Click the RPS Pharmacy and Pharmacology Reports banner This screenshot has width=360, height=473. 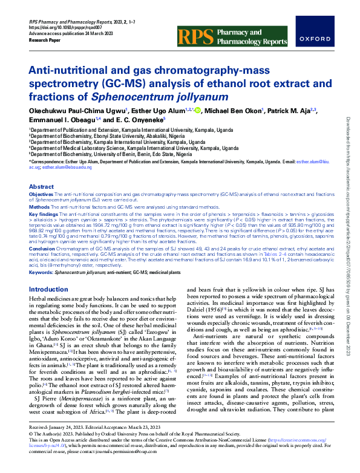[x=232, y=36]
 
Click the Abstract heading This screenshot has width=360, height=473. [x=42, y=187]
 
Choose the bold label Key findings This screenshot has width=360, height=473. [x=44, y=214]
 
